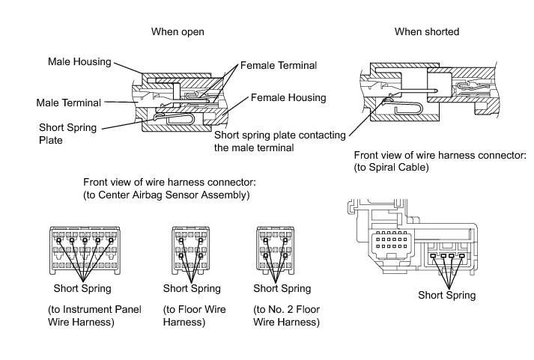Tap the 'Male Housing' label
coord(79,61)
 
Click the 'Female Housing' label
coord(288,97)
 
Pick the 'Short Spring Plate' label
coord(67,133)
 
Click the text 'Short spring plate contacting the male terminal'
coord(279,141)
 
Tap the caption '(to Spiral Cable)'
coord(391,168)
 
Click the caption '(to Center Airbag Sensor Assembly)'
coord(166,195)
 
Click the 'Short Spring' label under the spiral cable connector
coord(446,295)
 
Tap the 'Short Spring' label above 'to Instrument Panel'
coord(82,288)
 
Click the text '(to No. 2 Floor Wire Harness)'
coord(287,316)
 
